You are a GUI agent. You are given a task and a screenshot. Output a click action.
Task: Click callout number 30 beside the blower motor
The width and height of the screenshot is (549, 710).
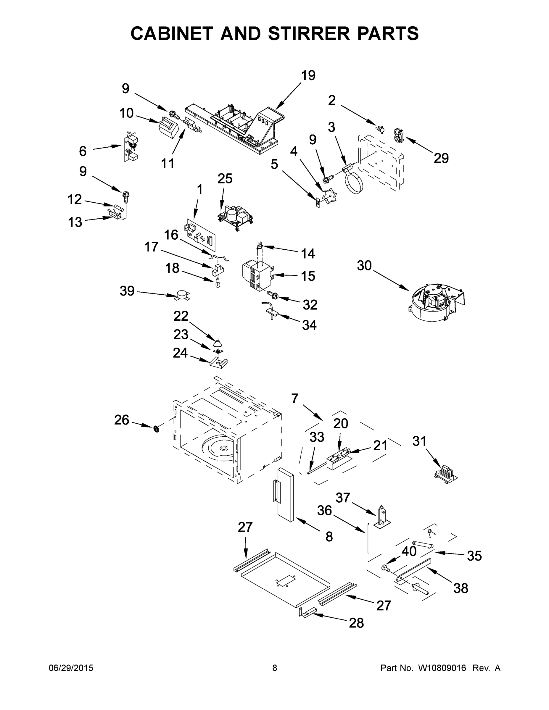(364, 266)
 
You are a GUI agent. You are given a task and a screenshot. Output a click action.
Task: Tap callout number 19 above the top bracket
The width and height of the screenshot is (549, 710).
(308, 75)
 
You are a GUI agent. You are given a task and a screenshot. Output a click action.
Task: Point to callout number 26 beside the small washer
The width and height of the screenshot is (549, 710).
(122, 420)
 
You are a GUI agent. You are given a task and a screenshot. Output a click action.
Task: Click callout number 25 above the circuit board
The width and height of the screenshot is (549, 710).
(225, 178)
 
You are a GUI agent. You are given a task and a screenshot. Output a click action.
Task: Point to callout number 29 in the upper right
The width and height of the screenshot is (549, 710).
(441, 158)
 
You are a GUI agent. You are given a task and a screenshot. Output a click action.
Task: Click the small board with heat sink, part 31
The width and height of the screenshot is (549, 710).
(446, 476)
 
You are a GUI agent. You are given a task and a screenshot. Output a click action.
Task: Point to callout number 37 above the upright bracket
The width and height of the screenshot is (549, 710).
(342, 497)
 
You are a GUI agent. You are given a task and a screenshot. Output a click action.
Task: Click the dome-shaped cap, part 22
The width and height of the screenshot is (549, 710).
(217, 343)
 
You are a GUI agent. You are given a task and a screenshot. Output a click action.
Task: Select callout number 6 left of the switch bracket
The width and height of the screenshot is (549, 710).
(83, 151)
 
